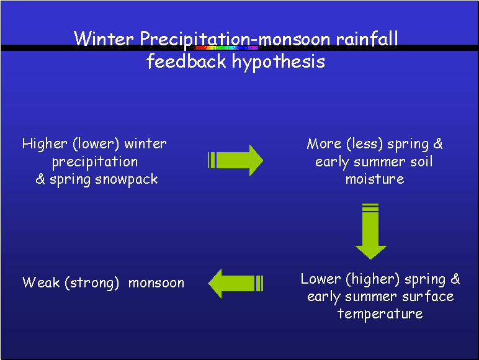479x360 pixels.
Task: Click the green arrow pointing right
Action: point(235,160)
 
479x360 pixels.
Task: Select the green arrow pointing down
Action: point(370,232)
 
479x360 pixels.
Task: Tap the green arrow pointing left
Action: point(235,283)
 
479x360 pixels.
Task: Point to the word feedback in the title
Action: point(186,61)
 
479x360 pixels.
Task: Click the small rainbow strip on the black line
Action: point(227,48)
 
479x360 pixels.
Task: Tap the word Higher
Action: point(45,143)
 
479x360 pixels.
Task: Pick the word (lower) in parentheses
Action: point(96,143)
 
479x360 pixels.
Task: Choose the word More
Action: point(324,143)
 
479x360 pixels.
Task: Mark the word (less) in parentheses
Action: point(364,144)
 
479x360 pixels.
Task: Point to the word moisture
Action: point(375,179)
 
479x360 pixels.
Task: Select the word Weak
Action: point(41,282)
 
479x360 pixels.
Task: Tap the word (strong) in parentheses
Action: point(92,283)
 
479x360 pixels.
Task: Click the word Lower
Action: point(321,279)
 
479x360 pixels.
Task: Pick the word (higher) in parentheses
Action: point(373,279)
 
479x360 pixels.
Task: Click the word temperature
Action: point(380,314)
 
